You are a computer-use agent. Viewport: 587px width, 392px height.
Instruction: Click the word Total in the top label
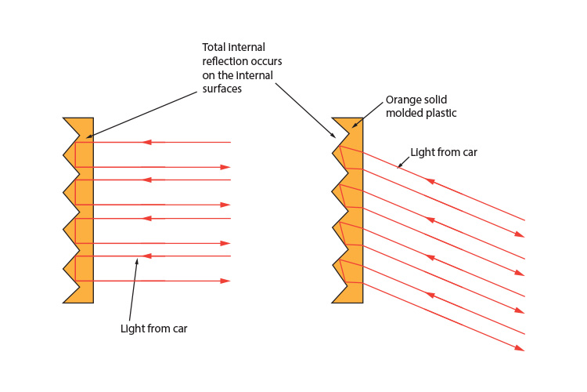[215, 46]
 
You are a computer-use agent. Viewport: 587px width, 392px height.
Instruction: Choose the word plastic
[440, 114]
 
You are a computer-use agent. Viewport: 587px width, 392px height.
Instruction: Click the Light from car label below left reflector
[154, 328]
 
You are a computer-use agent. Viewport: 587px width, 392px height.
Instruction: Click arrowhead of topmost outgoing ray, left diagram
[226, 167]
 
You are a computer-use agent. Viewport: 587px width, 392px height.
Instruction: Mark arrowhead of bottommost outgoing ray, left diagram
[226, 281]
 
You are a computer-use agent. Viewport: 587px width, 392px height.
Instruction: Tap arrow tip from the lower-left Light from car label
[137, 258]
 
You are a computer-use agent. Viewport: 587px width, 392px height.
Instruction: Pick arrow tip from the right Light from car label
[398, 166]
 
